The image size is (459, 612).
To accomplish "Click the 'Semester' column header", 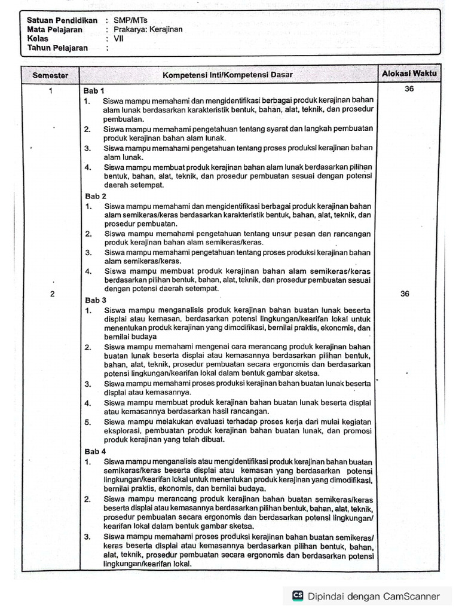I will pos(50,75).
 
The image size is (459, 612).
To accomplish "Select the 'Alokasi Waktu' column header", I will pos(409,74).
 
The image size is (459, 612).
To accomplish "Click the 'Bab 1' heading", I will pos(94,91).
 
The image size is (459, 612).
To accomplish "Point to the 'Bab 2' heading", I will pos(95,196).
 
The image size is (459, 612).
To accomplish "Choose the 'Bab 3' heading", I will pos(95,300).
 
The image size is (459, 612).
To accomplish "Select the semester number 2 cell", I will pos(52,294).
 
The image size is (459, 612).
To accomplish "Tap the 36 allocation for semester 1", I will pos(409,89).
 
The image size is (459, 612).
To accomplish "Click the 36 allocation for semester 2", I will pos(405,293).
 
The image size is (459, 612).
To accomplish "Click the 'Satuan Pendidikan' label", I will pos(62,20).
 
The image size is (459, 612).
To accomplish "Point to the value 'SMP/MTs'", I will pos(130,20).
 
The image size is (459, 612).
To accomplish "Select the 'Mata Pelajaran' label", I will pos(54,29).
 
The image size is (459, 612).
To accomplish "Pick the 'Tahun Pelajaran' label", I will pos(57,48).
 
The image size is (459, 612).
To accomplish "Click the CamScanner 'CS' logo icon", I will pos(298,595).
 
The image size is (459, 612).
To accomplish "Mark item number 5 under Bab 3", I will pos(87,422).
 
